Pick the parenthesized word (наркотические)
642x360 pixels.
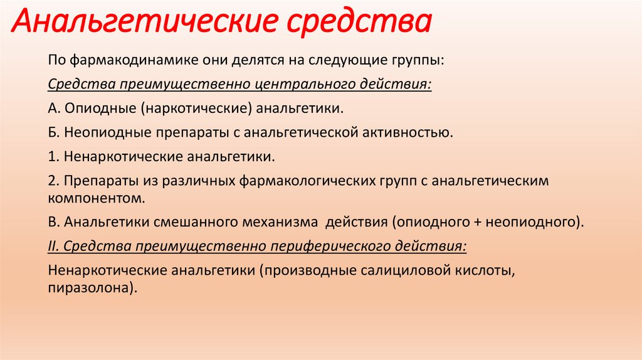pos(196,108)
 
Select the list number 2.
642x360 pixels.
pos(51,181)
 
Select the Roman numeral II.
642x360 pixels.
pos(52,246)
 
